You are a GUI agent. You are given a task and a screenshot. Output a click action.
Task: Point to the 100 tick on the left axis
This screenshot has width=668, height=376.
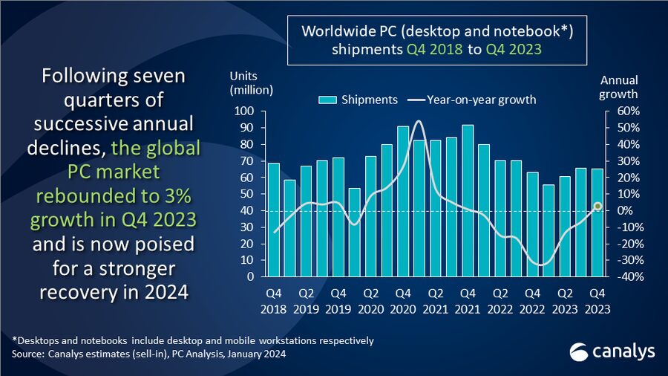click(x=245, y=111)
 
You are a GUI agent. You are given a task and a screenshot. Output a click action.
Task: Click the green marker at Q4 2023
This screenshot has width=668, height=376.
click(x=597, y=206)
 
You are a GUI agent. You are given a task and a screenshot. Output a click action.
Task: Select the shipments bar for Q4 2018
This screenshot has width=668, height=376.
click(x=273, y=220)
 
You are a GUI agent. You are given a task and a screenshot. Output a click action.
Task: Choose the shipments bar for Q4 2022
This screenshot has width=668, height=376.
click(x=533, y=224)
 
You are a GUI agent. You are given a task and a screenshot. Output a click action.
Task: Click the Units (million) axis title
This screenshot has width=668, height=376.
click(x=251, y=84)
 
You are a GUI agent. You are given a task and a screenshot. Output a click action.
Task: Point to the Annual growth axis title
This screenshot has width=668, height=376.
click(x=618, y=87)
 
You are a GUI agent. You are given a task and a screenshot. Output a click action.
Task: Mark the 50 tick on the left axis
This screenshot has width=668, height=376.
click(x=248, y=194)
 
